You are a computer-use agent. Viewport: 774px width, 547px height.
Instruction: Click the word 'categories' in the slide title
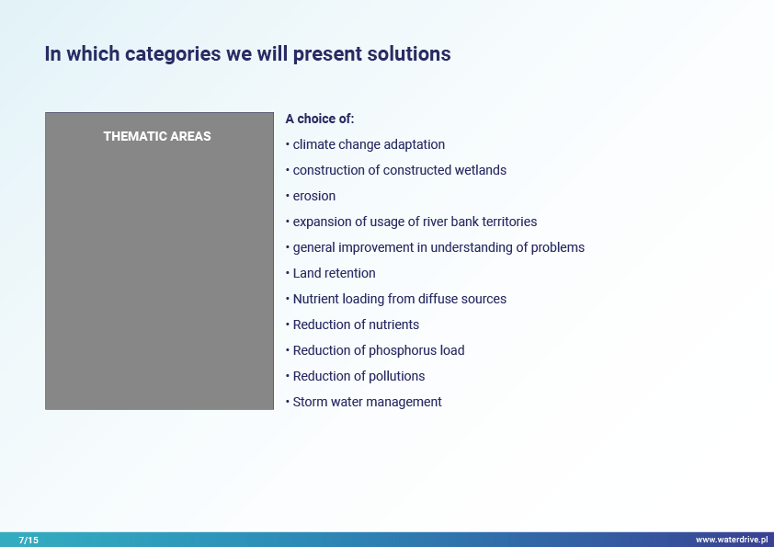(173, 54)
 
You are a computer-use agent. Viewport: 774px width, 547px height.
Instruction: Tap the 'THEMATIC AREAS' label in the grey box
(157, 136)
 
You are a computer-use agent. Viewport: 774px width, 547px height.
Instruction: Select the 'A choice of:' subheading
(319, 119)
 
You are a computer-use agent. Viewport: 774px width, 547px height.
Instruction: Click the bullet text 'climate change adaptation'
(369, 144)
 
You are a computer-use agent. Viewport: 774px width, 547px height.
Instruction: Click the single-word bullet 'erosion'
(314, 196)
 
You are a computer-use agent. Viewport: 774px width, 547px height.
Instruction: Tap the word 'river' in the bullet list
(435, 222)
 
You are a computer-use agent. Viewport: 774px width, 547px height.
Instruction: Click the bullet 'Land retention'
(335, 273)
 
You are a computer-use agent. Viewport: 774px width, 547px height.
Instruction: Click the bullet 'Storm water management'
(368, 402)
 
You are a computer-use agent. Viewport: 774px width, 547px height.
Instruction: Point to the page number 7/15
(28, 540)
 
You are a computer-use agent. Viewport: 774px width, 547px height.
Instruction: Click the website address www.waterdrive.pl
(732, 540)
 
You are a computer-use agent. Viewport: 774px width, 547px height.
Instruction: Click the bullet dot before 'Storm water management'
(288, 402)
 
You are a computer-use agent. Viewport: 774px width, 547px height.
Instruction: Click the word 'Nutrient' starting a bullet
(316, 299)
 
